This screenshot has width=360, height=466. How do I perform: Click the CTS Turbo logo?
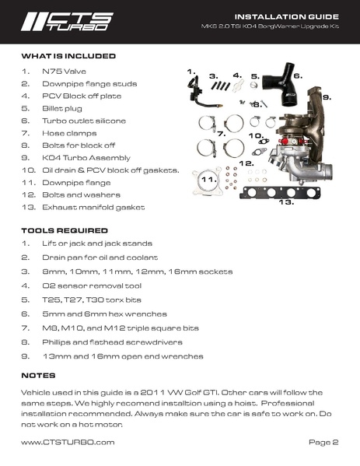click(67, 21)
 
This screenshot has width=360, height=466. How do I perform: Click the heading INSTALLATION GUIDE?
click(286, 16)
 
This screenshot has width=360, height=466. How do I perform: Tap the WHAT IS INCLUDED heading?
click(68, 56)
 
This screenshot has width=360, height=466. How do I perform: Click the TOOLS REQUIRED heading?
click(65, 231)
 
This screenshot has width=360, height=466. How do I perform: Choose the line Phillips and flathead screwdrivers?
click(112, 342)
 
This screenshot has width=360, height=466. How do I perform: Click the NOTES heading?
click(38, 375)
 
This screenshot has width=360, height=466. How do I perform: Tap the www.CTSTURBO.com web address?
click(68, 442)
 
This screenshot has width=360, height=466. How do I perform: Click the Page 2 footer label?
click(323, 442)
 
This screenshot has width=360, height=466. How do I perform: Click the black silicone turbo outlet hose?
click(281, 90)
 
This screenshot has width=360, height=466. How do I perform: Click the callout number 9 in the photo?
click(327, 98)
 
